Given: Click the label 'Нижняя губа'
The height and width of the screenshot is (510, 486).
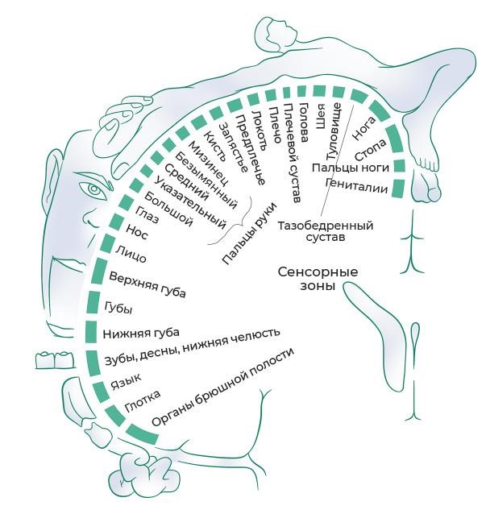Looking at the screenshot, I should pos(141,333).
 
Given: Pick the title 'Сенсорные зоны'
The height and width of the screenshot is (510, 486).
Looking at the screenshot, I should pos(318,278).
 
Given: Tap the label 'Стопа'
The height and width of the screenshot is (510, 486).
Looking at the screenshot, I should pos(370,149).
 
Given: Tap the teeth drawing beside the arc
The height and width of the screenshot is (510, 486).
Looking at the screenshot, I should pos(55,360).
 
